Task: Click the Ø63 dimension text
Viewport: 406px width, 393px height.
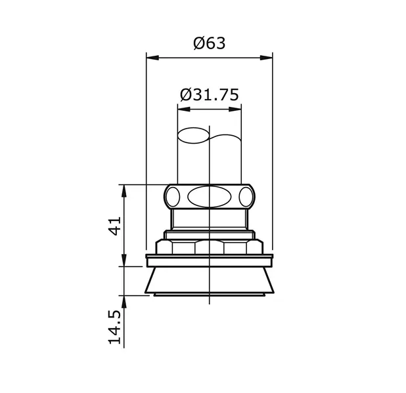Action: [209, 44]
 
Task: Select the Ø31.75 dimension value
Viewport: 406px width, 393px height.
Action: [208, 94]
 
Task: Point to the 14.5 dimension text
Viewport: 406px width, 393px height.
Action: [116, 328]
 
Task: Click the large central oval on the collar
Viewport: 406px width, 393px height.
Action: [208, 196]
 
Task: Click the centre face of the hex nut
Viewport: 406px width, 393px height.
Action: [208, 247]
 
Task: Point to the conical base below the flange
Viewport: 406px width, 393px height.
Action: [208, 281]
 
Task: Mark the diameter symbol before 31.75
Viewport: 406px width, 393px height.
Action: [185, 94]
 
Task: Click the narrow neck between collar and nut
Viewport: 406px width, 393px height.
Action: [208, 218]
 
